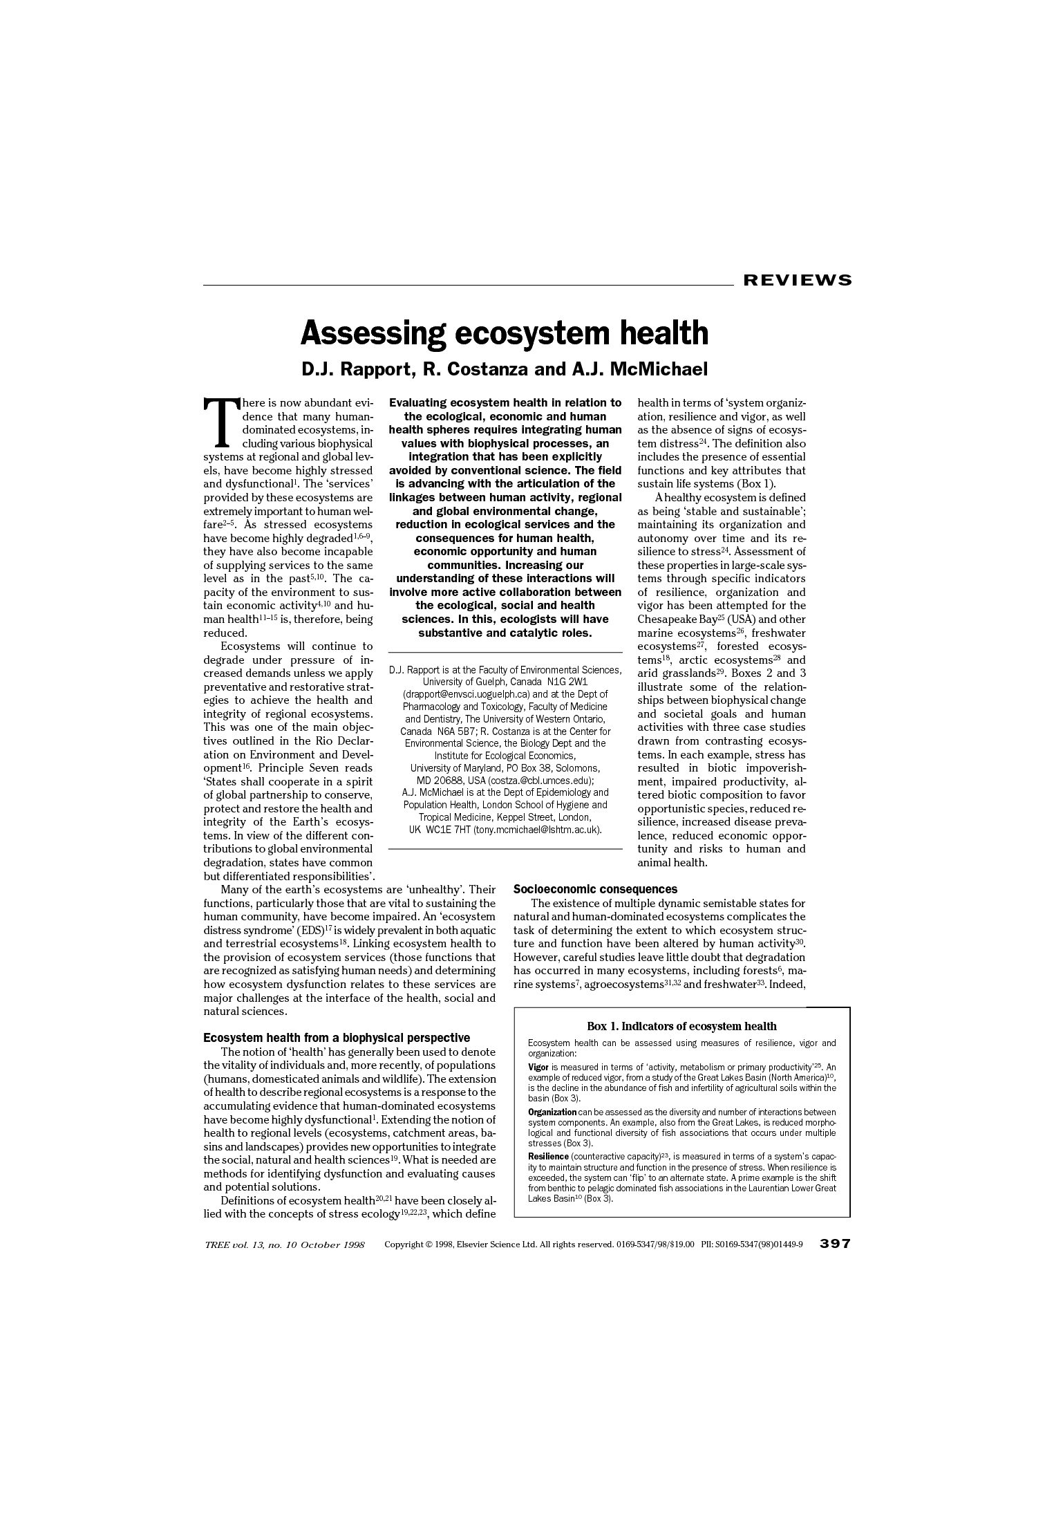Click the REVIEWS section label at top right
pos(797,280)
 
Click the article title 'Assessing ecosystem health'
pos(504,333)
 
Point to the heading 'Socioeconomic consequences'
pos(595,889)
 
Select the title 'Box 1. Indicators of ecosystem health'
pos(681,1027)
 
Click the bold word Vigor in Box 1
pos(538,1067)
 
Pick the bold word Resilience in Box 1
pos(548,1157)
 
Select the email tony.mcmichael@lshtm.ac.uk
pos(536,829)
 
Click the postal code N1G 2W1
pos(566,682)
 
